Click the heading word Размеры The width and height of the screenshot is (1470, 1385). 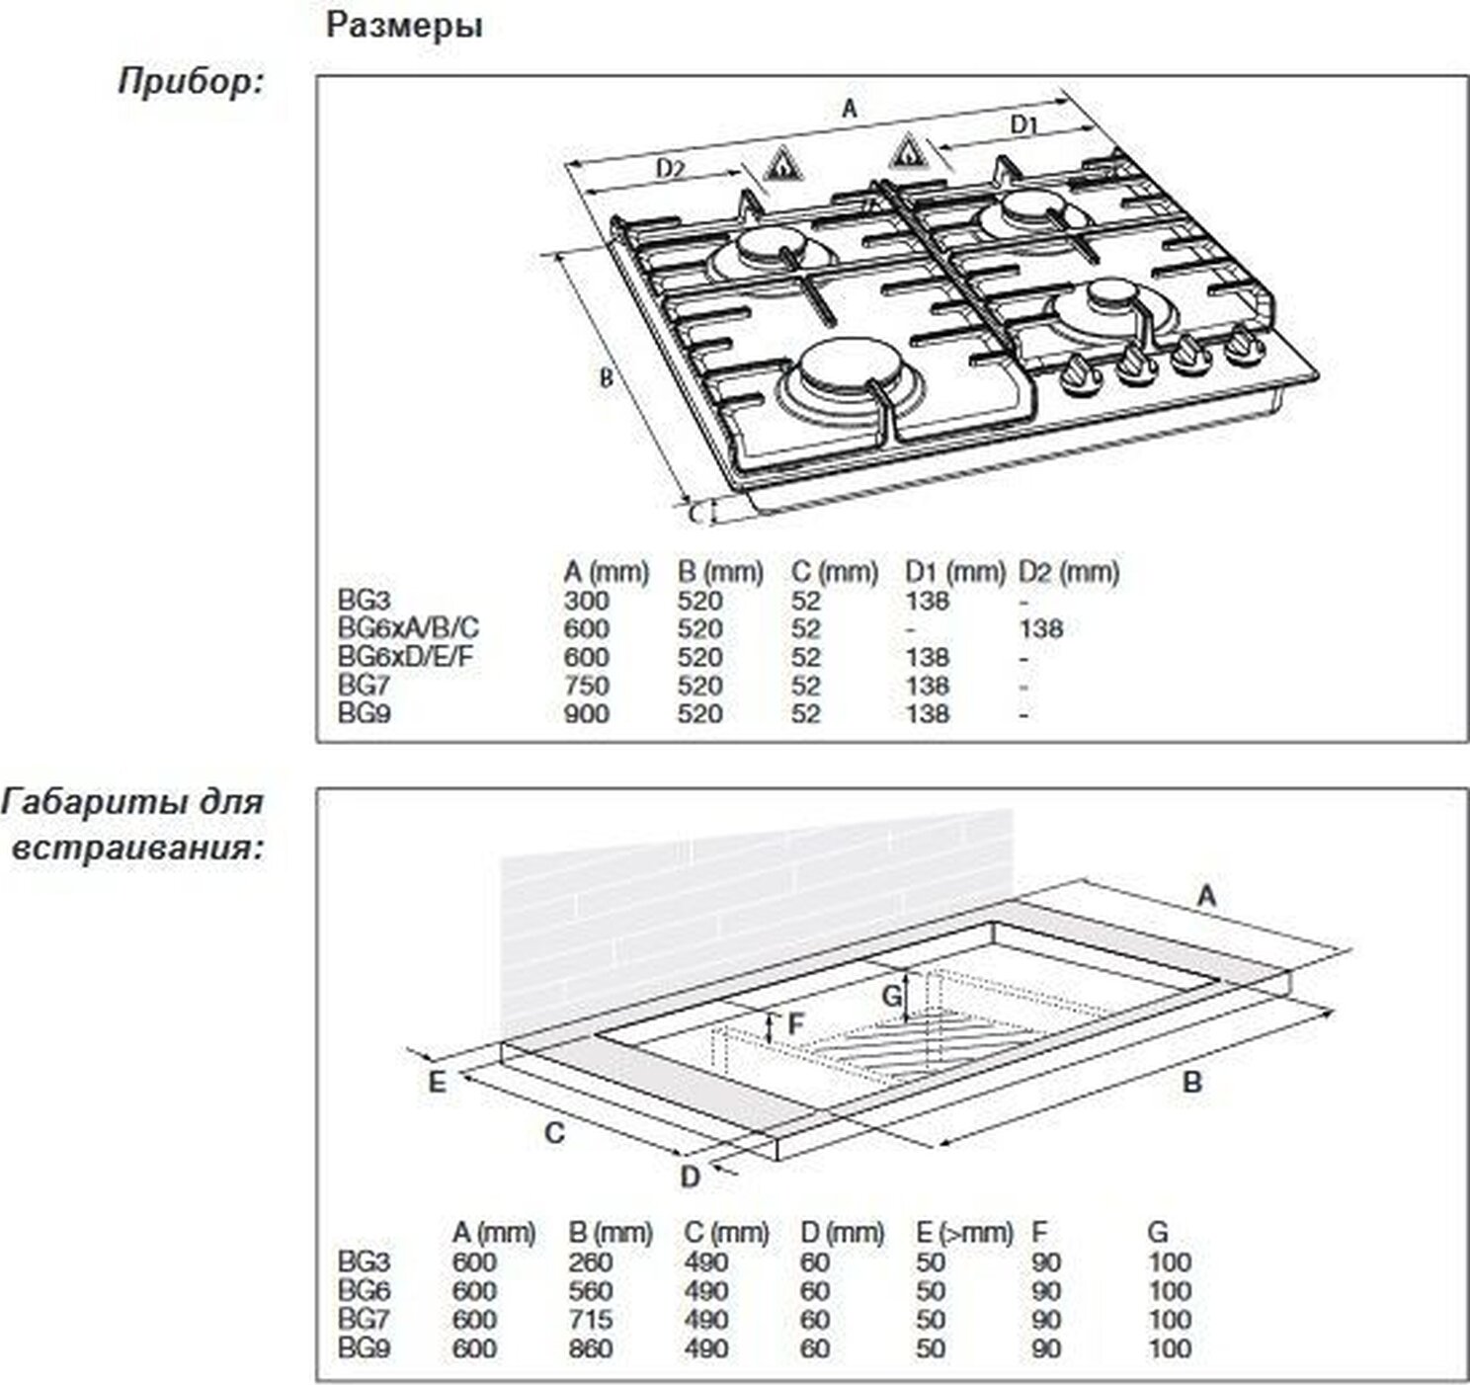[404, 26]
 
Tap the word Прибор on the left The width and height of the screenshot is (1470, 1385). [190, 81]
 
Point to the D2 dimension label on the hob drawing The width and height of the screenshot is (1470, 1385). [670, 169]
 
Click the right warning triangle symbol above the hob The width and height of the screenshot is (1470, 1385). [906, 153]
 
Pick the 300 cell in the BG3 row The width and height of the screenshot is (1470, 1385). [587, 601]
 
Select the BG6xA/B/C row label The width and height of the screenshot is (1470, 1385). [408, 628]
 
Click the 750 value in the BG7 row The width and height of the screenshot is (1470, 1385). [587, 686]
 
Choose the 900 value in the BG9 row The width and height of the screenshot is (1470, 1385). [587, 713]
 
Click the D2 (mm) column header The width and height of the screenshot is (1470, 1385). [1069, 572]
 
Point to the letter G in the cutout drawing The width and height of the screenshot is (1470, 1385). [891, 997]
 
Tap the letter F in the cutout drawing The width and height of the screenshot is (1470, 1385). [795, 1025]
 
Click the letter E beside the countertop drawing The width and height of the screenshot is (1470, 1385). [436, 1082]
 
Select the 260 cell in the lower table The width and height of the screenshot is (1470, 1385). [591, 1263]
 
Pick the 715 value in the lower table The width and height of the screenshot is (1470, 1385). [591, 1320]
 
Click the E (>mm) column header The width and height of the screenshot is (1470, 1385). [963, 1233]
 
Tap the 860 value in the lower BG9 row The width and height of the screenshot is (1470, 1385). [591, 1348]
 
